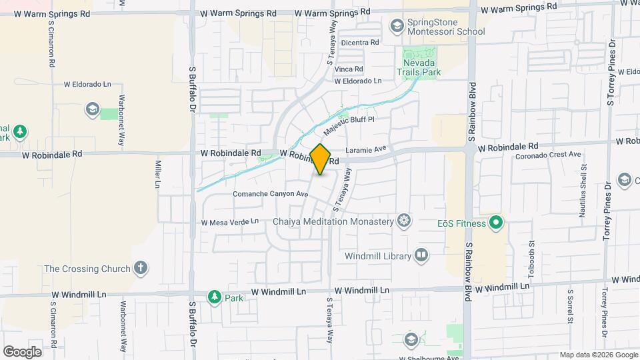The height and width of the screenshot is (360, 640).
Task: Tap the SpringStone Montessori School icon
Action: pyautogui.click(x=397, y=26)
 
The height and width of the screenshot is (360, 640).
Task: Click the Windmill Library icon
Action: pyautogui.click(x=421, y=255)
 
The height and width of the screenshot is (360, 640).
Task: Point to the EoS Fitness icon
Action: pyautogui.click(x=495, y=223)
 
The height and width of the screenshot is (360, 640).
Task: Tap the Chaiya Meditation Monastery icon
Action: pyautogui.click(x=404, y=221)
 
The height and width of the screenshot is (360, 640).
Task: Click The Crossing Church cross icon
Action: pyautogui.click(x=140, y=269)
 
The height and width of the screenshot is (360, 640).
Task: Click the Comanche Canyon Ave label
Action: pyautogui.click(x=270, y=194)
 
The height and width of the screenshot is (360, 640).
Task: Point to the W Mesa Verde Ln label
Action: pyautogui.click(x=229, y=221)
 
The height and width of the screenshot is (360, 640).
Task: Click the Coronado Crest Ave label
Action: pyautogui.click(x=549, y=155)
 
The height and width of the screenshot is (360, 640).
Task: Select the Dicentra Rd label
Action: pyautogui.click(x=359, y=43)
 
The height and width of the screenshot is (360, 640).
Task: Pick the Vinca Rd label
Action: pyautogui.click(x=349, y=69)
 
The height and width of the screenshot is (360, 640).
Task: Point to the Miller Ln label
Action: pyautogui.click(x=158, y=173)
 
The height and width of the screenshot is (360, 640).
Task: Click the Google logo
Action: pyautogui.click(x=22, y=352)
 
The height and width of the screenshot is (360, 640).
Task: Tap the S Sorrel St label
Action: pyautogui.click(x=571, y=305)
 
